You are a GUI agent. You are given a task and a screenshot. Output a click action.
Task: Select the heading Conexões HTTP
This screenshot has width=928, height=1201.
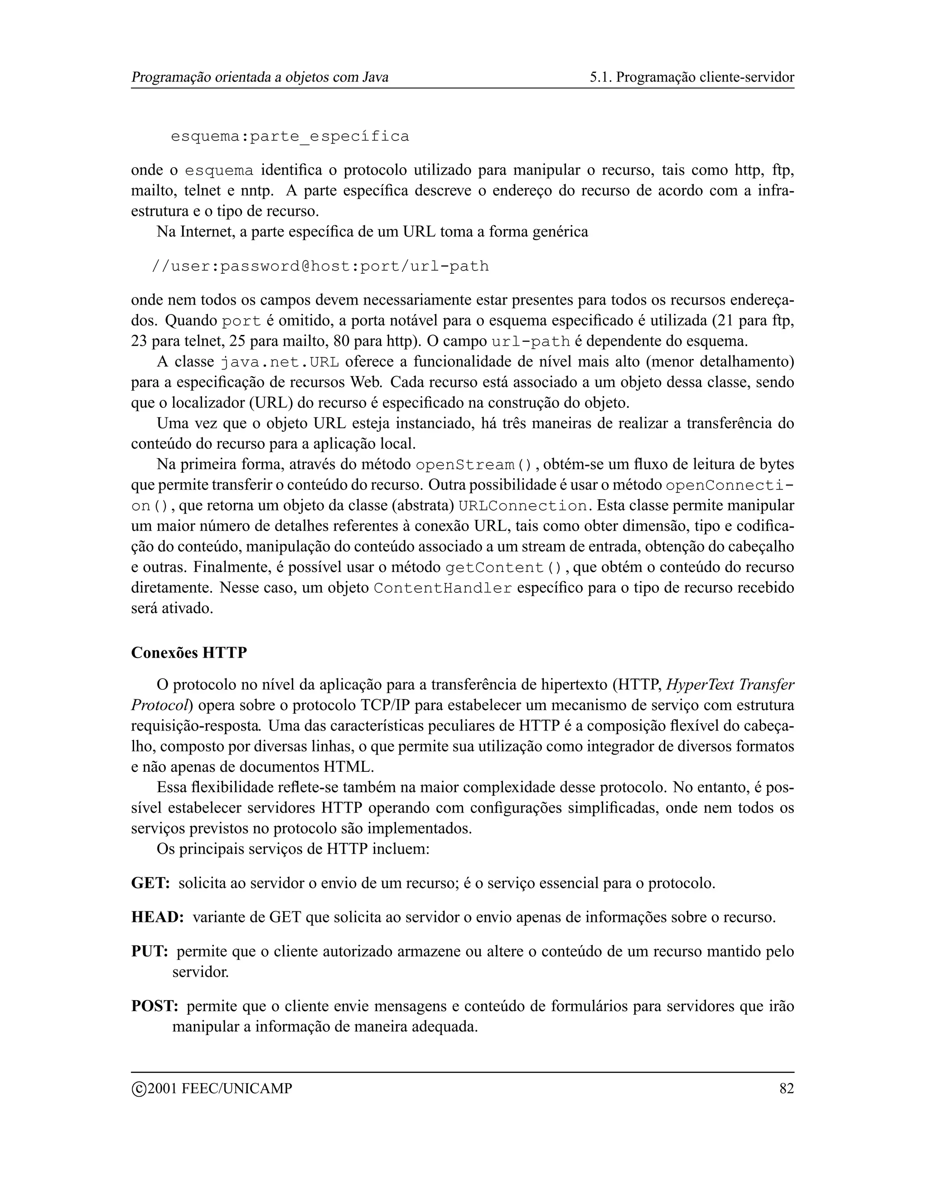[189, 653]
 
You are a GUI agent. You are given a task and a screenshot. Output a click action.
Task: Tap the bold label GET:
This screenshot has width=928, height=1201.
[150, 883]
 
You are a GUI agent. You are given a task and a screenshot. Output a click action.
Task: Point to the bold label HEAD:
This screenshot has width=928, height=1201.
[157, 917]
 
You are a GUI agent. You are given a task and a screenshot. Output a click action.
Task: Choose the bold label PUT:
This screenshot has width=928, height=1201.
[150, 951]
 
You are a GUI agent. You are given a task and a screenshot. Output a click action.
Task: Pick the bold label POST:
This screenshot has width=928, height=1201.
[155, 1006]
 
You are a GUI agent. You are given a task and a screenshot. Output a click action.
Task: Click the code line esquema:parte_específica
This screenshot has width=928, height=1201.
[290, 136]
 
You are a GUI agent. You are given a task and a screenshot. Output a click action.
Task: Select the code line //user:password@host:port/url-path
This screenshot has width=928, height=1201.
[320, 266]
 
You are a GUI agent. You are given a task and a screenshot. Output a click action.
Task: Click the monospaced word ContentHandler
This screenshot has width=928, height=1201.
[443, 588]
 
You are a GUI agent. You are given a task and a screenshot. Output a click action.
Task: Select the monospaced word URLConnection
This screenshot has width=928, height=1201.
[522, 506]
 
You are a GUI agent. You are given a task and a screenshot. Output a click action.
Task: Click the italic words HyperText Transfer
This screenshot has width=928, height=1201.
[730, 685]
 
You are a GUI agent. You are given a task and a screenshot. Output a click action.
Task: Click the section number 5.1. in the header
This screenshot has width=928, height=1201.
[600, 77]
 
